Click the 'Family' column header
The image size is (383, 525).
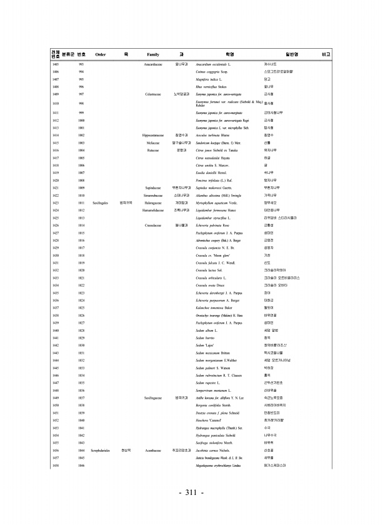click(x=153, y=54)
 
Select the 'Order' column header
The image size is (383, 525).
click(x=100, y=54)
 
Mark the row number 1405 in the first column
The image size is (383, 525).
click(x=56, y=64)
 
